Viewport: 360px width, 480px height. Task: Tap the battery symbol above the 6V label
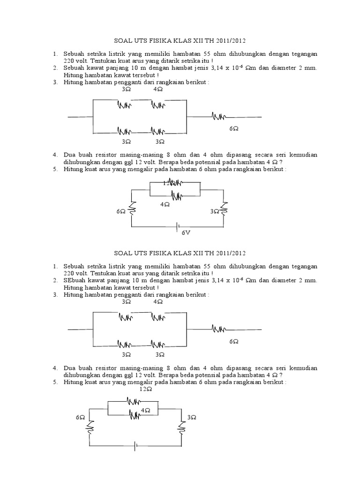click(x=178, y=227)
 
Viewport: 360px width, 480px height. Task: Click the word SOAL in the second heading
click(x=124, y=253)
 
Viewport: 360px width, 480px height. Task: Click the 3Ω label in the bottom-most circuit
click(x=191, y=417)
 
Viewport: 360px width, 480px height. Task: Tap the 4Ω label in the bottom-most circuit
click(x=146, y=410)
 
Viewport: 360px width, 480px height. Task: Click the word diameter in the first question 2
click(x=289, y=68)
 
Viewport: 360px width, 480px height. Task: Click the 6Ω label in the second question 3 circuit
click(x=233, y=342)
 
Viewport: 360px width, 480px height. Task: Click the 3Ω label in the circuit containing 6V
click(x=215, y=212)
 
